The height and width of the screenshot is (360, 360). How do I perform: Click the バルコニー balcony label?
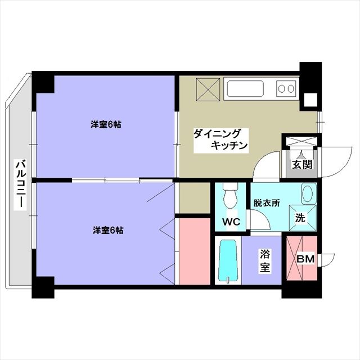point(21,184)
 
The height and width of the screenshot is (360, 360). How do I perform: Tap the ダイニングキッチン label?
point(220,140)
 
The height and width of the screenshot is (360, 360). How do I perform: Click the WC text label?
point(231,222)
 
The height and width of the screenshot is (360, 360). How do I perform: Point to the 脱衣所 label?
point(267,203)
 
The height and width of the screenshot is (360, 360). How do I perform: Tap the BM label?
point(305,259)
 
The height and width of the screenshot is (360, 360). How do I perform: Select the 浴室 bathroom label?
point(265,260)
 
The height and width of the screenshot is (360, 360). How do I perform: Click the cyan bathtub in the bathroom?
point(228,260)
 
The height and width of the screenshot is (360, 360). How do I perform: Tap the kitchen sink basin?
point(245,89)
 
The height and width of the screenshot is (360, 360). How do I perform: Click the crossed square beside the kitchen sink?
point(208,89)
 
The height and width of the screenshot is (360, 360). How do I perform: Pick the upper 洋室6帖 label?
point(106,125)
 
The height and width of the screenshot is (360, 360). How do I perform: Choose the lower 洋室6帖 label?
point(108,230)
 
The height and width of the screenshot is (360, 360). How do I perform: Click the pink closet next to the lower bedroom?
point(195,251)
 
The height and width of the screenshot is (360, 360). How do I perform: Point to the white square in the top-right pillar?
point(310,100)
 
